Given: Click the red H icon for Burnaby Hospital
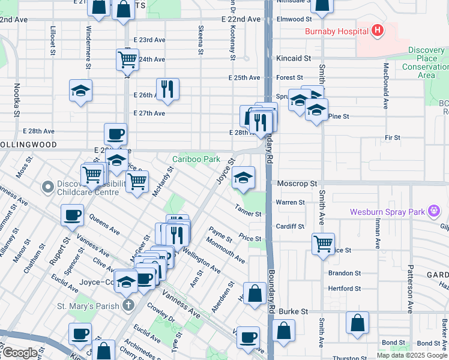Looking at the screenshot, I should pyautogui.click(x=378, y=31).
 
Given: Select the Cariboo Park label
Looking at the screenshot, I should pyautogui.click(x=196, y=159).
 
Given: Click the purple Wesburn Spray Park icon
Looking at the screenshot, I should pyautogui.click(x=433, y=211).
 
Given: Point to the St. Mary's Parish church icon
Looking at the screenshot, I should pyautogui.click(x=127, y=306).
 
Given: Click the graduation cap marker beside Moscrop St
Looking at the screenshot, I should pyautogui.click(x=243, y=178).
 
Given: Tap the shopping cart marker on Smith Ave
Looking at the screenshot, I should pyautogui.click(x=324, y=244).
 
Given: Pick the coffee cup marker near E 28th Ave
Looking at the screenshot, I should pyautogui.click(x=115, y=134).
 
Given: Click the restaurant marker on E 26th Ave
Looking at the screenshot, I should pyautogui.click(x=168, y=89).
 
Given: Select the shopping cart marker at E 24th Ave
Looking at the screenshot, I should pyautogui.click(x=127, y=59).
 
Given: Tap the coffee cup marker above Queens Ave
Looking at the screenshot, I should pyautogui.click(x=72, y=215).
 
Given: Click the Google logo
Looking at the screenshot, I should pyautogui.click(x=20, y=353).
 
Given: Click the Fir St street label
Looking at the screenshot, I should pyautogui.click(x=393, y=138).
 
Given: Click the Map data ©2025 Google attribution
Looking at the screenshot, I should pyautogui.click(x=411, y=355).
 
